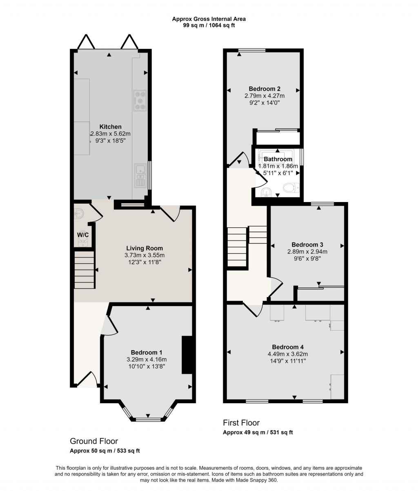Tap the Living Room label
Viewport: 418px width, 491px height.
coord(144,248)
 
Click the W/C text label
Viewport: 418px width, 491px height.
coord(83,235)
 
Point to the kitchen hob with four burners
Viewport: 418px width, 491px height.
coord(140,100)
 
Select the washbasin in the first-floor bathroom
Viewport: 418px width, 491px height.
coord(266,192)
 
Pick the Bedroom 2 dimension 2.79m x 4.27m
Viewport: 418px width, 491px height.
coord(265,96)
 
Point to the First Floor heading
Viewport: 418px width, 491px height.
coord(241,423)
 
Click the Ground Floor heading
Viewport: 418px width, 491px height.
coord(94,441)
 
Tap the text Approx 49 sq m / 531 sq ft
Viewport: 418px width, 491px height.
coord(258,433)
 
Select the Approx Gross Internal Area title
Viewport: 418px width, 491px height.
coord(209,18)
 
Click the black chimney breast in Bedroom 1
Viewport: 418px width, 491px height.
coord(187,355)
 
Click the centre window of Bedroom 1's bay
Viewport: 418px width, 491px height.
coord(148,419)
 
